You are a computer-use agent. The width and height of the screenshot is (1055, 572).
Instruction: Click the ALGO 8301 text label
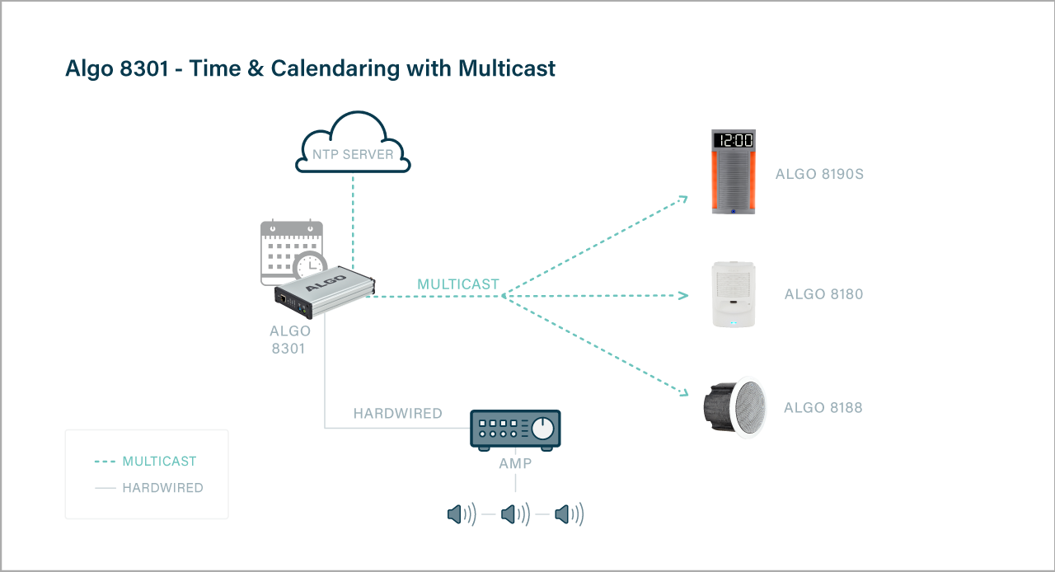coord(290,340)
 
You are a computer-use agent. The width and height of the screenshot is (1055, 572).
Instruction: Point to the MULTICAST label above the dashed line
coord(458,284)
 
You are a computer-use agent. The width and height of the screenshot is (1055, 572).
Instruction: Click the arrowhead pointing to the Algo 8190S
coord(682,199)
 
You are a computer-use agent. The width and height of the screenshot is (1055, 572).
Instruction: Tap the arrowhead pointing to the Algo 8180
coord(683,295)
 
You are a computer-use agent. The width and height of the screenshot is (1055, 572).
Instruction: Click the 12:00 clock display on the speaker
coord(734,140)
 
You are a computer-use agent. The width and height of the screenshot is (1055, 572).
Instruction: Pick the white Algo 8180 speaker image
coord(734,294)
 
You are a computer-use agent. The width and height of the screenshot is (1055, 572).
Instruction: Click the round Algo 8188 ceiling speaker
coord(734,407)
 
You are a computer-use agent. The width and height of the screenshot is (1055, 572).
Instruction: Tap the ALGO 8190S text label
coord(819,175)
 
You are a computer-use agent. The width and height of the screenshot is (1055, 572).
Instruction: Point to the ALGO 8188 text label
coord(823,408)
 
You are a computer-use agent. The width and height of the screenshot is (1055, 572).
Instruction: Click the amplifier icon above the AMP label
coord(515,429)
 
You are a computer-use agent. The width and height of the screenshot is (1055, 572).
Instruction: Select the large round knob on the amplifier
coord(542,429)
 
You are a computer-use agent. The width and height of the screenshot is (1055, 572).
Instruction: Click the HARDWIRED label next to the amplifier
coord(397,414)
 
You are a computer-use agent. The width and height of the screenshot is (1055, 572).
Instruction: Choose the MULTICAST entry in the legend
coord(159,462)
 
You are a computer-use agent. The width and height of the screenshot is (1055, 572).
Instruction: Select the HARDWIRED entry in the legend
coord(162,488)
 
